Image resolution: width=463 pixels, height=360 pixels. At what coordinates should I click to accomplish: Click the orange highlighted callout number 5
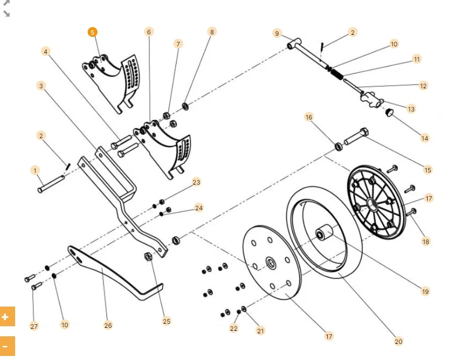[92, 32]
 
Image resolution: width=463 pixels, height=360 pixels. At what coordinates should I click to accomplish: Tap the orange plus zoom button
[6, 317]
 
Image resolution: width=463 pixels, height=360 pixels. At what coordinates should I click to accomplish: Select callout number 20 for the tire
[398, 341]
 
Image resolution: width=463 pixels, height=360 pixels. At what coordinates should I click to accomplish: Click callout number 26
[108, 325]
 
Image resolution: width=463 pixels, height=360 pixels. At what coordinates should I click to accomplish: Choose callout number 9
[277, 33]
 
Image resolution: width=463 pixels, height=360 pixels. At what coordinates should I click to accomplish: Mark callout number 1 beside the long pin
[35, 170]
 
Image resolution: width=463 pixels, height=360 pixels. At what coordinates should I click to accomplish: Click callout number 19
[425, 291]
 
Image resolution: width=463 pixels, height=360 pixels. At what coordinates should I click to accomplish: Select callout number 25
[167, 321]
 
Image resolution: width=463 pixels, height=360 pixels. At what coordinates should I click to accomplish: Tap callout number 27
[34, 326]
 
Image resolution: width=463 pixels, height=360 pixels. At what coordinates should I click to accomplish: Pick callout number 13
[411, 109]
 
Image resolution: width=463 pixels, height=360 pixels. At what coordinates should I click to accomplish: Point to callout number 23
[196, 182]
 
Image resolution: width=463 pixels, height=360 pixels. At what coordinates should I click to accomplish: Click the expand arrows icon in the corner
[7, 8]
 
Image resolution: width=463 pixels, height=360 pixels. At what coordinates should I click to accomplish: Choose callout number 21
[260, 331]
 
